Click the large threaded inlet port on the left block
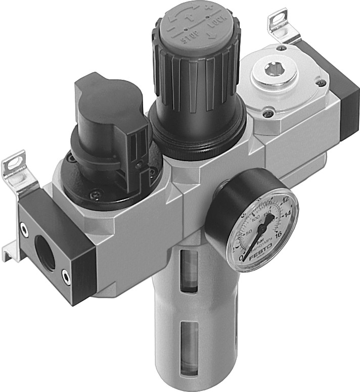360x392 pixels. point(42,253)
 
